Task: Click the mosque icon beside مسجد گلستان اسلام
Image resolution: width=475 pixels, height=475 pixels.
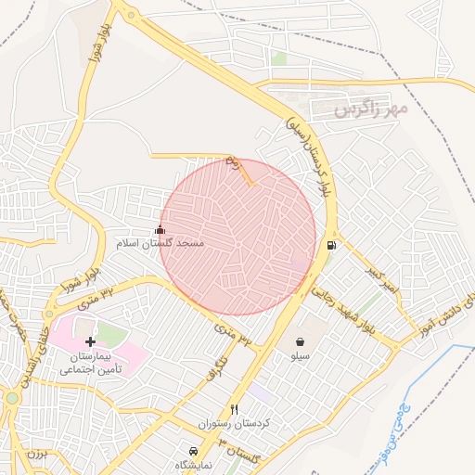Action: (160, 229)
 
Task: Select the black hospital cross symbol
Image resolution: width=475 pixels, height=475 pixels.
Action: (90, 342)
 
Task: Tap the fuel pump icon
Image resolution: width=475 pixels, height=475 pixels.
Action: (331, 246)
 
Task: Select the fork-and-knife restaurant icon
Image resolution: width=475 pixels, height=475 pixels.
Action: (234, 409)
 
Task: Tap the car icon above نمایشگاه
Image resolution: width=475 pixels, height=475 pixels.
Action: (193, 450)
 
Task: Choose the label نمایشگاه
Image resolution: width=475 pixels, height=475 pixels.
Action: (193, 463)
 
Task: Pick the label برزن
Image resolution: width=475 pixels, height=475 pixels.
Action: (35, 455)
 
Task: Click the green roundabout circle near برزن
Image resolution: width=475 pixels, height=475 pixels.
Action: (10, 399)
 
